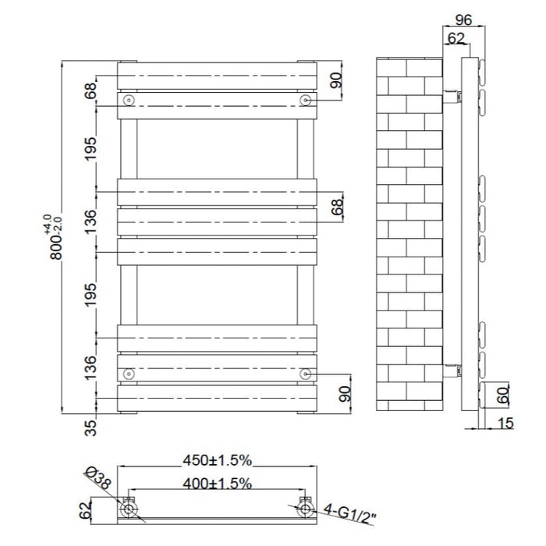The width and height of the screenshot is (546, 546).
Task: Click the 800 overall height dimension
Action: click(x=55, y=247)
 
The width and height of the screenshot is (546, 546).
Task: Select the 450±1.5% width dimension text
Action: click(x=218, y=460)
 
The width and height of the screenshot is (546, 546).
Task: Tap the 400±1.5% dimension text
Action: click(x=218, y=484)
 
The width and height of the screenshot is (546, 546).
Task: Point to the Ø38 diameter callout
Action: click(x=98, y=478)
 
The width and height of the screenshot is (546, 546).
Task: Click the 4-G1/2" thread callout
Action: click(x=349, y=513)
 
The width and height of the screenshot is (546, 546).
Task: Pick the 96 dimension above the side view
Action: click(x=463, y=19)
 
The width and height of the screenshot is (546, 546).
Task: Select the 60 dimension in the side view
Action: click(x=503, y=395)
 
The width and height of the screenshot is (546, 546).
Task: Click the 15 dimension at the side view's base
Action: click(x=505, y=424)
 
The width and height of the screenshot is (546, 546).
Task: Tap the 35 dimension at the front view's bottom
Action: click(x=90, y=428)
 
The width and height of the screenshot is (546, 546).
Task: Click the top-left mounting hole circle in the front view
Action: click(x=129, y=101)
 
